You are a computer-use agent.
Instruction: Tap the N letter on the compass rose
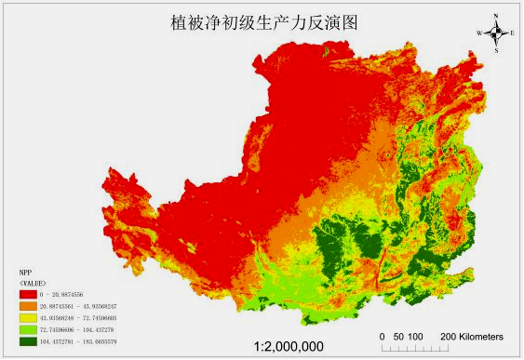pos(496,16)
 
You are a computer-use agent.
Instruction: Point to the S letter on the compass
pos(496,50)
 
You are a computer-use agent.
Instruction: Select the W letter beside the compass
pos(478,33)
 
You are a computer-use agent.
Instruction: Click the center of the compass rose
pos(496,33)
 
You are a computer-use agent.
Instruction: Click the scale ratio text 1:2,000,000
pos(289,346)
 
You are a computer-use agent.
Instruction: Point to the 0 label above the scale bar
pos(382,335)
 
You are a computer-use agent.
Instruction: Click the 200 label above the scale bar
pos(447,335)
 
